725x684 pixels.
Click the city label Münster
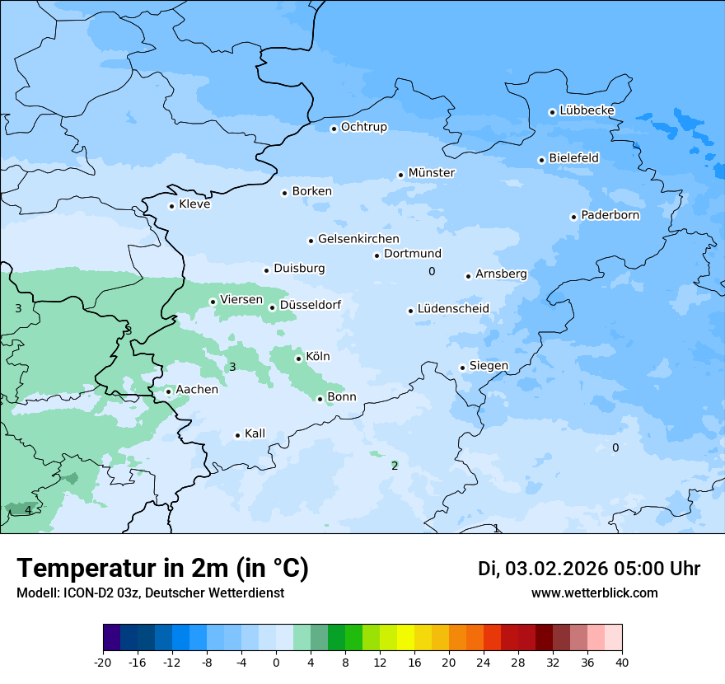[x=432, y=173]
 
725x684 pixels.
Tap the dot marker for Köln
[x=298, y=358]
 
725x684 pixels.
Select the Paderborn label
[x=610, y=215]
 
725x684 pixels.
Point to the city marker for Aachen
[x=168, y=391]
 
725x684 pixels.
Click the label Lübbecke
[x=587, y=110]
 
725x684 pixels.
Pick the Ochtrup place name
[x=364, y=127]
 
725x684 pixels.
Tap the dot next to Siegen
[x=462, y=368]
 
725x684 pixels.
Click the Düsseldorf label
[x=311, y=305]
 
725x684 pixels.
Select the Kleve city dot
[x=171, y=206]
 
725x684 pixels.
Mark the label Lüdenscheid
[x=453, y=309]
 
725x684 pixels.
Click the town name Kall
[x=255, y=433]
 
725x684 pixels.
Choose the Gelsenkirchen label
[x=358, y=239]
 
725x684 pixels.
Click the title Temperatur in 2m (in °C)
[x=163, y=568]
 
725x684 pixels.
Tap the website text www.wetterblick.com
[x=595, y=593]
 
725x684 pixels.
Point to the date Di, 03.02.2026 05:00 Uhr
[x=589, y=569]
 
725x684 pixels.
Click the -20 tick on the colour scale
[x=103, y=662]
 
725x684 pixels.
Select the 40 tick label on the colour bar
[x=622, y=662]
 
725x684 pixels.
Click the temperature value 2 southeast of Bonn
[x=395, y=466]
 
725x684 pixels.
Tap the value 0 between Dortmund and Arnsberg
[x=432, y=271]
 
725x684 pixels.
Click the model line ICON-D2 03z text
[x=150, y=593]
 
